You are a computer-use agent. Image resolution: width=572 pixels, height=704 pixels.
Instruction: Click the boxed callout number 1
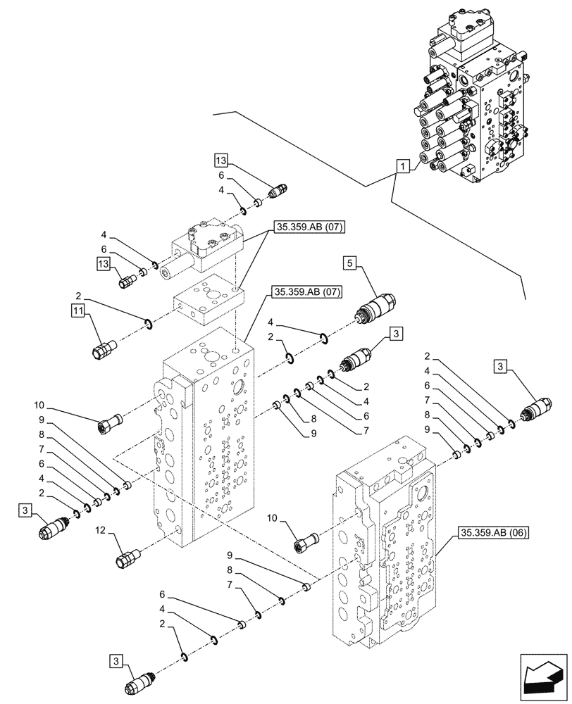[402, 167]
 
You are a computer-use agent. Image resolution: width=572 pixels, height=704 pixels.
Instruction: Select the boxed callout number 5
[349, 264]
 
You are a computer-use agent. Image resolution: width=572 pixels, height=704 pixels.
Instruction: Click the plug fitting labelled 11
[103, 348]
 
